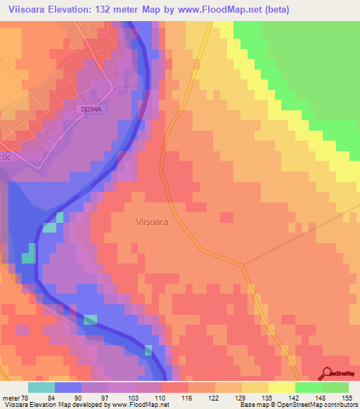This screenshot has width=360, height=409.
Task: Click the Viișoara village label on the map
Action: (x=150, y=221)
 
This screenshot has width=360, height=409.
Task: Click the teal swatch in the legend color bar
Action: (x=42, y=387)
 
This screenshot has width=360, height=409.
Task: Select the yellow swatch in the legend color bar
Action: (x=282, y=387)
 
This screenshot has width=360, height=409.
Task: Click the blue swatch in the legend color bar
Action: (x=68, y=387)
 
